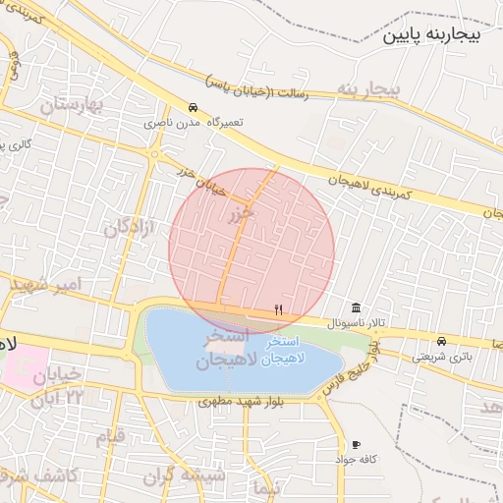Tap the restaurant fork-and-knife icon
click(x=279, y=309)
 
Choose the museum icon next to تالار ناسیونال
click(x=355, y=307)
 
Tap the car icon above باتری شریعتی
click(x=440, y=341)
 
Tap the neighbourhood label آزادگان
click(x=130, y=229)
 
